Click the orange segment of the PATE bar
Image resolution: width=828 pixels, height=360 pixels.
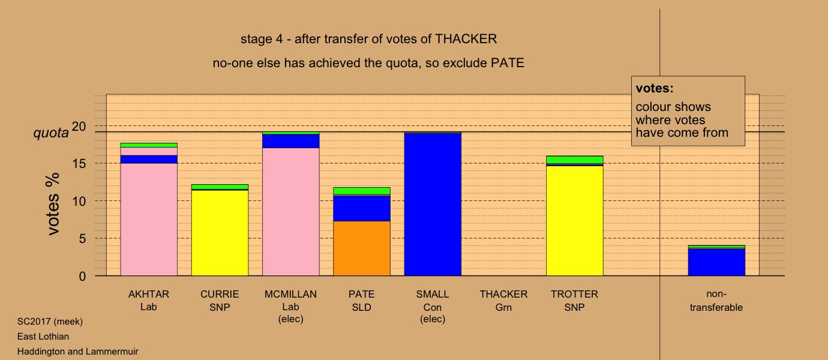coord(362,248)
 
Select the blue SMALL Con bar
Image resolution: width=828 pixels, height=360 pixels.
coord(433,205)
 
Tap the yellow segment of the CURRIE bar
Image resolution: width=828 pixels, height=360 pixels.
coord(220,233)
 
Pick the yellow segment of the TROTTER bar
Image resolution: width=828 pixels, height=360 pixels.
coord(574,221)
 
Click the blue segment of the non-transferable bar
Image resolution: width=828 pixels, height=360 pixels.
coord(716,262)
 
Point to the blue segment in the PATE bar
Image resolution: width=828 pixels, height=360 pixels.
coord(362,208)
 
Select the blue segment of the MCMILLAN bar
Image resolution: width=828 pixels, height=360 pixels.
coord(290,141)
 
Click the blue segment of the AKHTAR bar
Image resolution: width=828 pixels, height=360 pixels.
coord(149,160)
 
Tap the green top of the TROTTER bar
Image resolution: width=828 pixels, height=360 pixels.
coord(574,160)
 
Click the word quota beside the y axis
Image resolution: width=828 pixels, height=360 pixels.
coord(51,133)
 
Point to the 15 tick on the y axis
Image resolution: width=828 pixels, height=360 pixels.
coord(79,163)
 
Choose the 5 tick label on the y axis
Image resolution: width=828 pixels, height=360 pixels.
coord(82,238)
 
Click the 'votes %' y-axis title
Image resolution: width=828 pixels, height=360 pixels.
coord(53,204)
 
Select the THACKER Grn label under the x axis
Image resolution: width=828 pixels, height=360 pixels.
coord(503,301)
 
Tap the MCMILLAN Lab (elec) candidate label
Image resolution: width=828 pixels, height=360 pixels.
coord(290,307)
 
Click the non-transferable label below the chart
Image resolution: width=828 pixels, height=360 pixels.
coord(716,301)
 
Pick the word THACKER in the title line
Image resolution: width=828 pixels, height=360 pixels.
coord(466,39)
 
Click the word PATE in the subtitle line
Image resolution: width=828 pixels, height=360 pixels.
coord(508,63)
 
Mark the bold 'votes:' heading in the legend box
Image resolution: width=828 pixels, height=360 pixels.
coord(655,88)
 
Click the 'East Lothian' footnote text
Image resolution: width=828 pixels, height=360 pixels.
coord(43,337)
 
